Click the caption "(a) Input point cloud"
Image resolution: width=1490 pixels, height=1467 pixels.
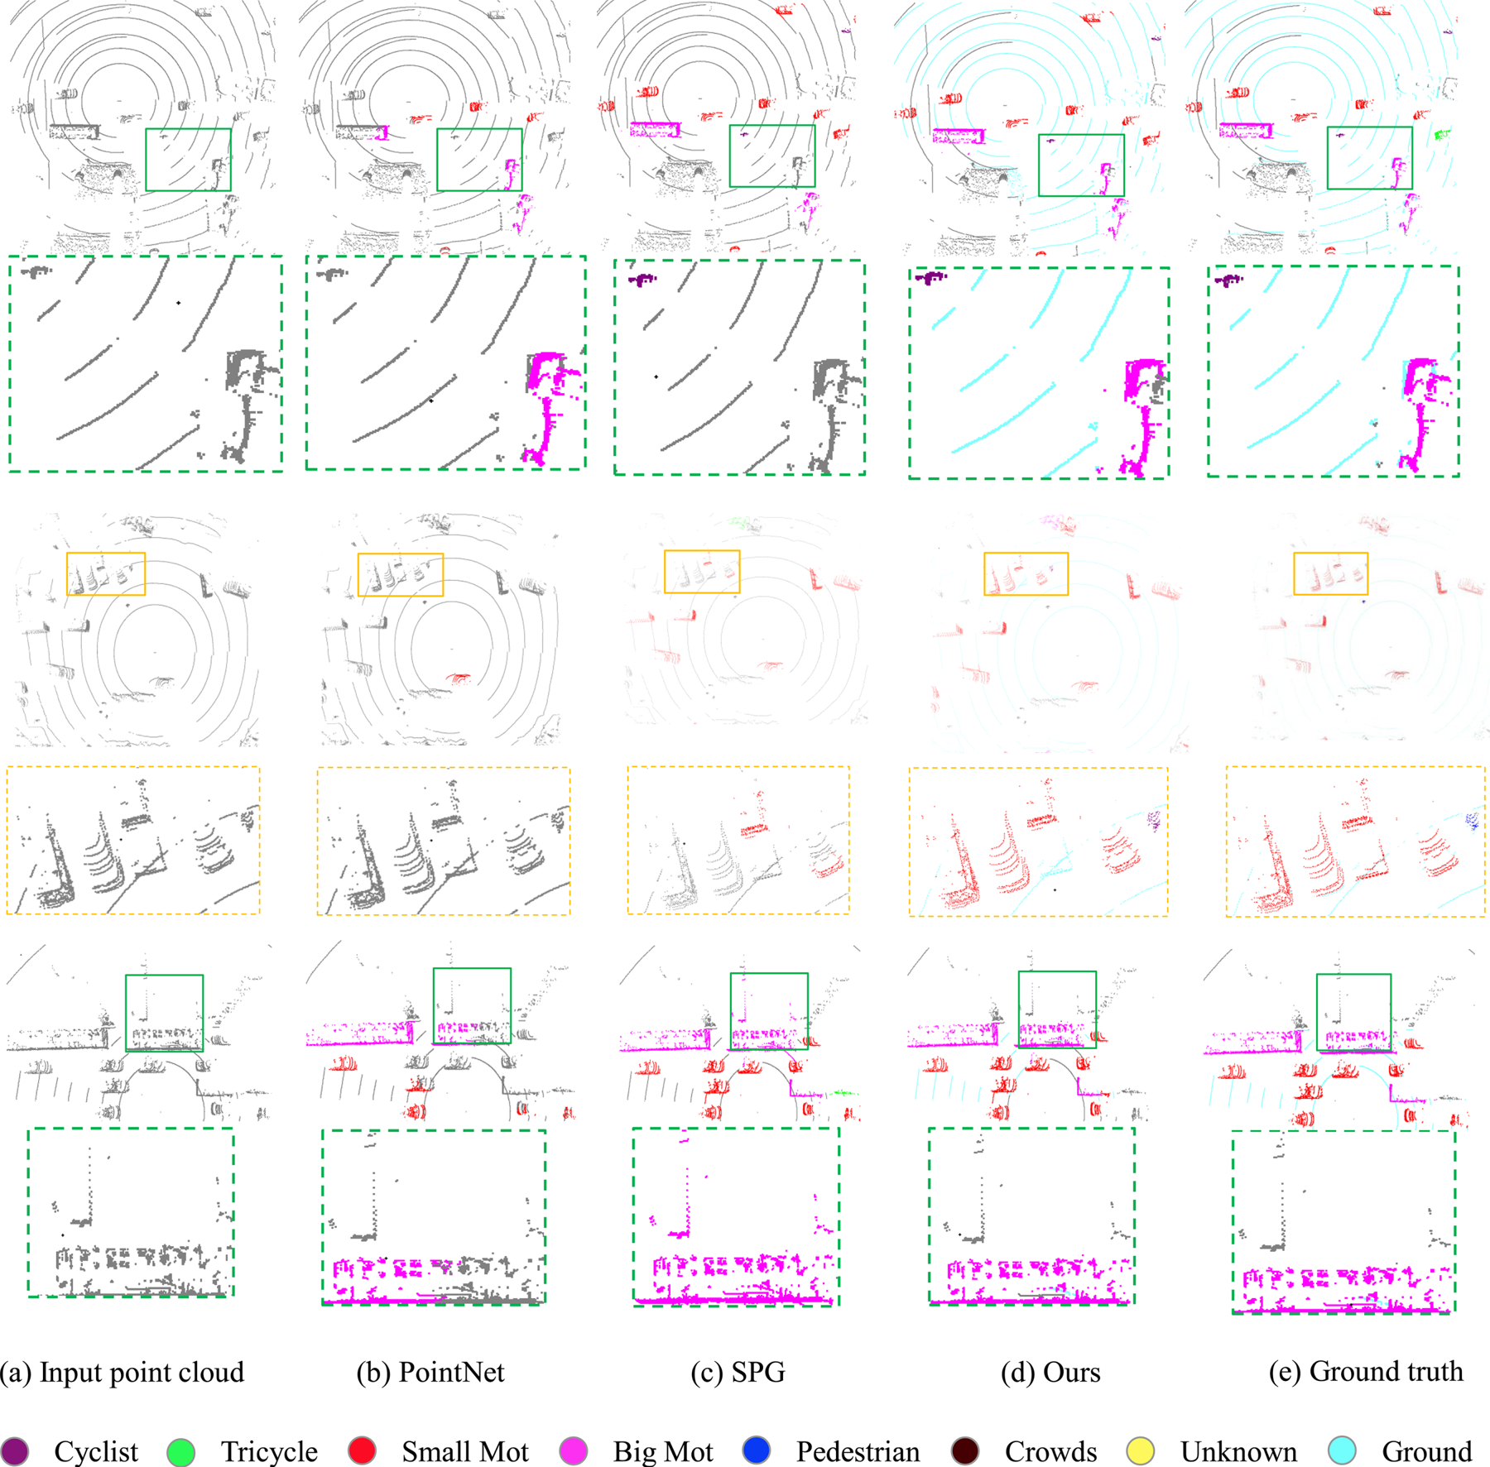[x=123, y=1371]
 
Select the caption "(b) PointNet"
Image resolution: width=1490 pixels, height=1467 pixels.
[x=430, y=1371]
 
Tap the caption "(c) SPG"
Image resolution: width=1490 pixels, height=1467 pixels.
[x=738, y=1371]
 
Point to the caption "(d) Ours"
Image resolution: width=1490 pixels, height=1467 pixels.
[x=1050, y=1371]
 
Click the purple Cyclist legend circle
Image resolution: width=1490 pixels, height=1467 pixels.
[x=15, y=1450]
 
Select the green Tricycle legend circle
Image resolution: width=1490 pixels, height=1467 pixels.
[x=180, y=1450]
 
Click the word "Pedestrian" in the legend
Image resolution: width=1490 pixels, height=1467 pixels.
[x=858, y=1451]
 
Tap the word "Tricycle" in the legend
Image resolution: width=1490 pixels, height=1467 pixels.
[x=269, y=1452]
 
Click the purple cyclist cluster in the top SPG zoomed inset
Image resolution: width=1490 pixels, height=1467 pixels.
[x=642, y=280]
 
